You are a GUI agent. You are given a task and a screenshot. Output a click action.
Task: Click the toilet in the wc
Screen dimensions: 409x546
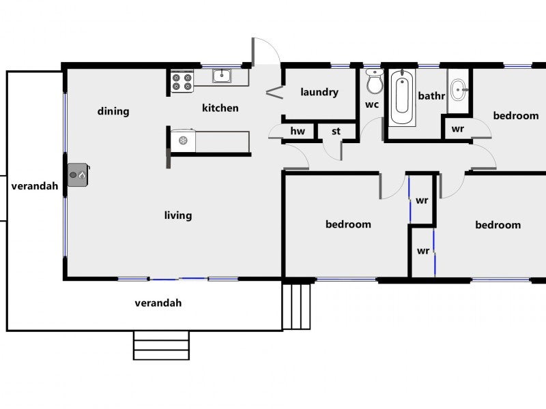tap(375, 82)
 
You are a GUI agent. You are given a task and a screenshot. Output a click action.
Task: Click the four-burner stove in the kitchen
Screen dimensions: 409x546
tap(182, 82)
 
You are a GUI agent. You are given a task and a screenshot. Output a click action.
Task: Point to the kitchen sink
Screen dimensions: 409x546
tap(221, 76)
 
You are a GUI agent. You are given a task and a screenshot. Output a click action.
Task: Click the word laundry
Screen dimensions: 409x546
tap(319, 92)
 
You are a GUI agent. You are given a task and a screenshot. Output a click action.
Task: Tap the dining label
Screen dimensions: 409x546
tap(113, 111)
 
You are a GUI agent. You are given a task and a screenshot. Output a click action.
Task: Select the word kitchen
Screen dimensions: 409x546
tap(220, 108)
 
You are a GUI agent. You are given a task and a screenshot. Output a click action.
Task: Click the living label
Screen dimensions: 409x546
tap(178, 215)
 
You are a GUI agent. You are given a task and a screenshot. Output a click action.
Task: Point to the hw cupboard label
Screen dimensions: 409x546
tap(298, 131)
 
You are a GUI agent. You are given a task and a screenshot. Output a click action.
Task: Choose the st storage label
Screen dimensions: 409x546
tap(336, 131)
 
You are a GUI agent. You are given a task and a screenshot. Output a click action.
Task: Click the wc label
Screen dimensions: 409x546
tap(372, 104)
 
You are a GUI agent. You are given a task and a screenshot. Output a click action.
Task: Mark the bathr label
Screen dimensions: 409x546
tap(431, 96)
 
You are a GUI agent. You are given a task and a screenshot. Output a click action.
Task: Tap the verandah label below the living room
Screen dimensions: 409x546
tap(158, 303)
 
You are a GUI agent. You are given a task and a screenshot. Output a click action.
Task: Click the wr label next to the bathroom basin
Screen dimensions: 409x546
tap(458, 128)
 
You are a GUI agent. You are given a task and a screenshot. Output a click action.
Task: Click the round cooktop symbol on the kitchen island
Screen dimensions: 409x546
tap(183, 140)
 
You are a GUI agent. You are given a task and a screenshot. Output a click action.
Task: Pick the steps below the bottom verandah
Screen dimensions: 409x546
tap(161, 345)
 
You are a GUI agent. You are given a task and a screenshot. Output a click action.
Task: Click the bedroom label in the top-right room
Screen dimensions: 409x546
tap(516, 116)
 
